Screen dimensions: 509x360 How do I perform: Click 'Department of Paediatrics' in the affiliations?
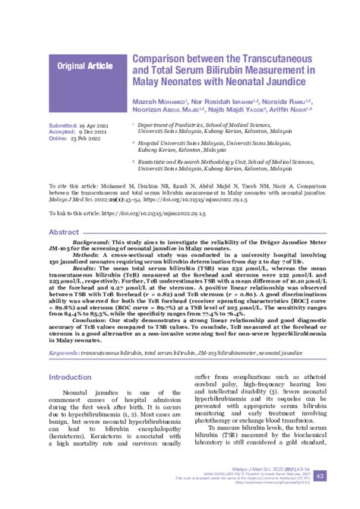pos(173,123)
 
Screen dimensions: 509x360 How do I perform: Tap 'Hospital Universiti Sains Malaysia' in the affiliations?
pos(187,142)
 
